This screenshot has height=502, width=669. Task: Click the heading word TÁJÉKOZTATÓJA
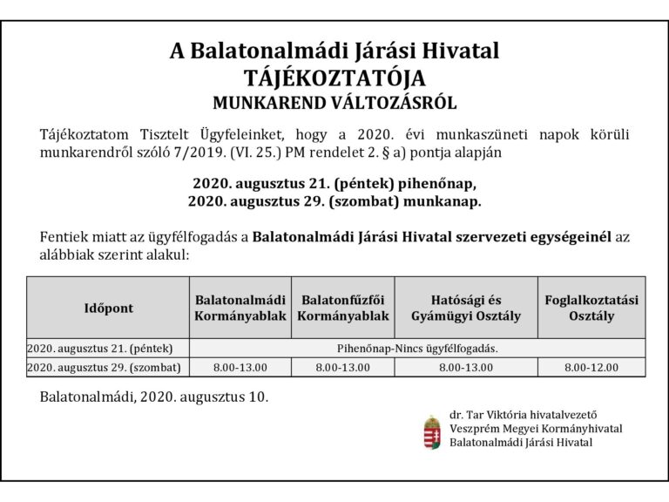tap(334, 78)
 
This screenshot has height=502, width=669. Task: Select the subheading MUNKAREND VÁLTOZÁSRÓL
tap(334, 103)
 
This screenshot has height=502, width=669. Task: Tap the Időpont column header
tap(109, 308)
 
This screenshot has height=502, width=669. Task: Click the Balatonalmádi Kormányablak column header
tap(240, 308)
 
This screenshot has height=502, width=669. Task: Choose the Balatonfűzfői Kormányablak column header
tap(343, 308)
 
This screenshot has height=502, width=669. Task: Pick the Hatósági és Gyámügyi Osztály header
tap(466, 308)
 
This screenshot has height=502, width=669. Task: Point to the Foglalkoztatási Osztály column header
tap(591, 308)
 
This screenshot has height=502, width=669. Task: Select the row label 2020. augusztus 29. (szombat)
tap(108, 367)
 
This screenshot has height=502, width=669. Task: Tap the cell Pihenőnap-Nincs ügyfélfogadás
tap(417, 348)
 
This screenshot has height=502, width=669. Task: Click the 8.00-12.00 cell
tap(591, 367)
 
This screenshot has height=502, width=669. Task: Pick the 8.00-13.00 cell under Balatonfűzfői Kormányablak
tap(343, 367)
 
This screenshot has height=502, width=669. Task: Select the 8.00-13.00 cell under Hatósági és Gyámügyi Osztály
tap(466, 367)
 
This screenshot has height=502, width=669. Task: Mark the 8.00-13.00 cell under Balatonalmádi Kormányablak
tap(240, 367)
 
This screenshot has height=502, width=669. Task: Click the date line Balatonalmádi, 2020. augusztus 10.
tap(154, 397)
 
